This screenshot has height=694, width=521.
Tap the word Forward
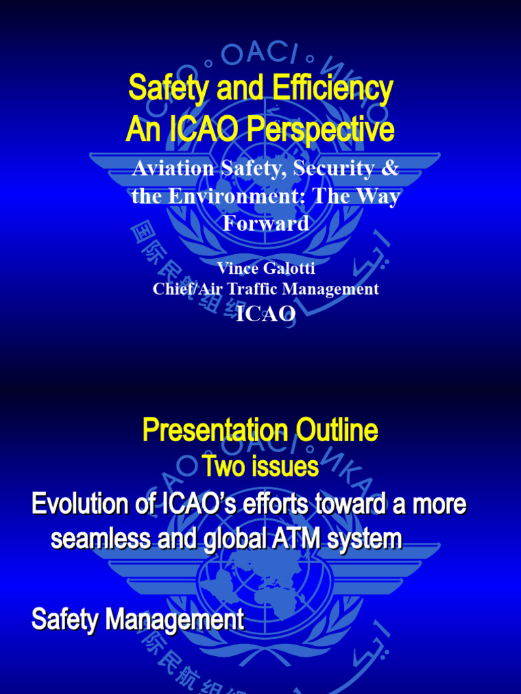pyautogui.click(x=266, y=223)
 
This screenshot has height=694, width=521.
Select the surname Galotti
pyautogui.click(x=290, y=268)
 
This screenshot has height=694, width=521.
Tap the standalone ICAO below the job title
pyautogui.click(x=265, y=314)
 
